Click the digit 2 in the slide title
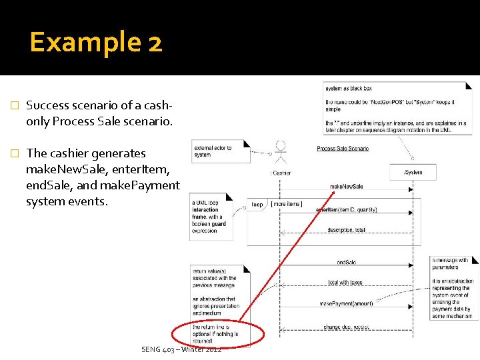pos(154,43)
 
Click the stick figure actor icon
pos(281,151)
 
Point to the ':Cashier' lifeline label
pos(281,173)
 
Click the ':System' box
pos(413,172)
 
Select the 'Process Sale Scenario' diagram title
pos(343,149)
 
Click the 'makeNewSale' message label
pos(347,187)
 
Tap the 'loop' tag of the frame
pos(257,204)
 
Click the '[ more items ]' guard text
pos(286,204)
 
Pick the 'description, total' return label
pos(346,230)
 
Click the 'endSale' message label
pos(347,263)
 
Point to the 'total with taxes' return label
pos(345,282)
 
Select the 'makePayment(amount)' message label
pos(346,303)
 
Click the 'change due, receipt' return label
pos(346,327)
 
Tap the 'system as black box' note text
pos(349,88)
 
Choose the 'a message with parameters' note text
pos(451,263)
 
